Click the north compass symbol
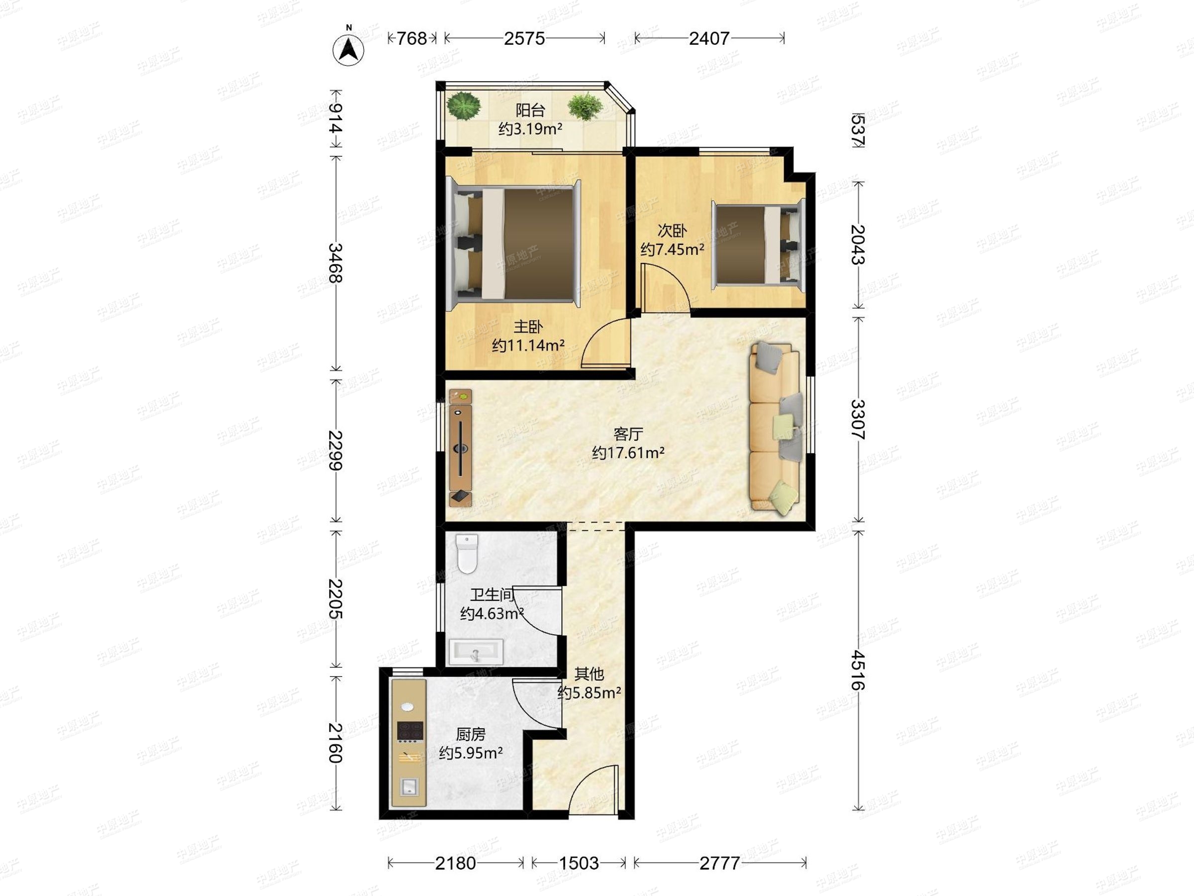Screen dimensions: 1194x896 [x=348, y=48]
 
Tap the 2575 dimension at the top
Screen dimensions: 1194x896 [x=524, y=38]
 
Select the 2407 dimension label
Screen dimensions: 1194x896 [x=709, y=38]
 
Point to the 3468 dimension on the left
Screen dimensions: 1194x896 [x=335, y=263]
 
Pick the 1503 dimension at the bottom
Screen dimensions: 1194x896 [x=579, y=863]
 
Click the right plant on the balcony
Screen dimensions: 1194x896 [x=585, y=107]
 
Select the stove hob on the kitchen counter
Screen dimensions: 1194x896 [x=410, y=731]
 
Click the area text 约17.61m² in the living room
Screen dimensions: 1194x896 [x=628, y=452]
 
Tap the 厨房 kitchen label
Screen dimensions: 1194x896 [x=470, y=734]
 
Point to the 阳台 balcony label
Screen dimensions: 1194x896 [x=530, y=110]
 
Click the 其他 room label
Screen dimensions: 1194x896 [x=589, y=673]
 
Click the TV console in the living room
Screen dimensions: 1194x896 [x=460, y=447]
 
